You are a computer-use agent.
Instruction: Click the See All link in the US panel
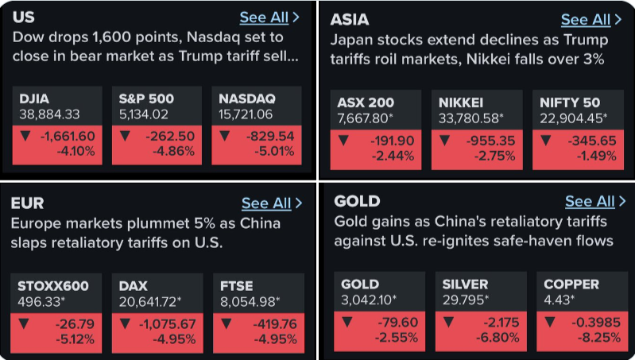click(x=269, y=17)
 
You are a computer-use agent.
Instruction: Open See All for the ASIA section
click(x=590, y=19)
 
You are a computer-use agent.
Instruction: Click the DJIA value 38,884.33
click(x=49, y=114)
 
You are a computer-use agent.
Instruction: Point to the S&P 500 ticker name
click(x=146, y=99)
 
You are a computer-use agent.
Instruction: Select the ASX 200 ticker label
click(x=366, y=103)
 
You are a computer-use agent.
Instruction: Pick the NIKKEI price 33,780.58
click(x=471, y=118)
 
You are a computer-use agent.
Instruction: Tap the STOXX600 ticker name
click(x=53, y=286)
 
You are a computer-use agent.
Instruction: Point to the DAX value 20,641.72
click(x=150, y=301)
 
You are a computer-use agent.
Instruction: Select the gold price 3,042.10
click(x=368, y=299)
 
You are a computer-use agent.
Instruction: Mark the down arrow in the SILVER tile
click(x=450, y=322)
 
